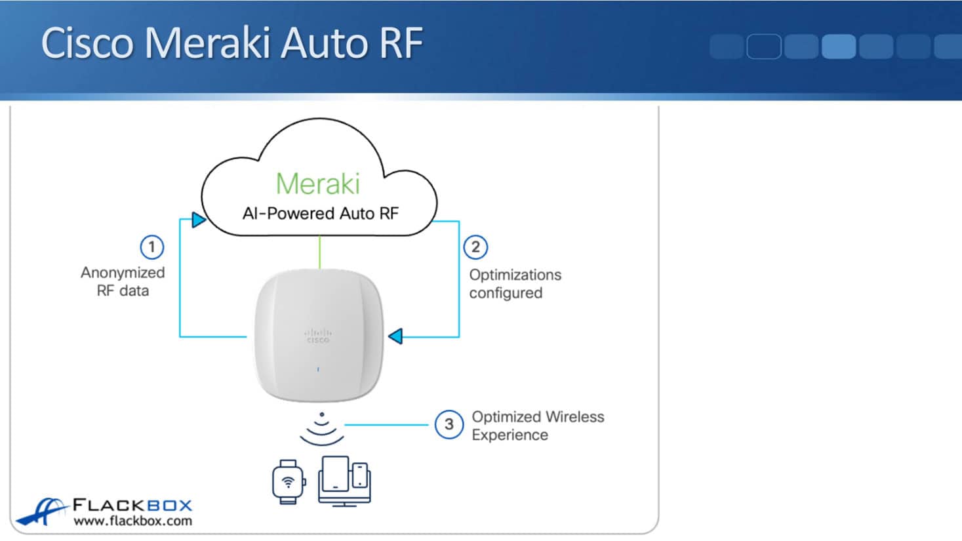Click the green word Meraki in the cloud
318,184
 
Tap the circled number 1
151,247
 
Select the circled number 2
475,247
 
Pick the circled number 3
449,424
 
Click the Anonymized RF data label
123,281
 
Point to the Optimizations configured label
515,284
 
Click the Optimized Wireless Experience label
537,426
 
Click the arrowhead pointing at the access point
395,336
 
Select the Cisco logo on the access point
318,336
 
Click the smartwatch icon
288,482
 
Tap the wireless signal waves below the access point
321,429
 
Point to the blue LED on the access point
318,370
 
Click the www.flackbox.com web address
132,521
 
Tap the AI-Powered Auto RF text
320,213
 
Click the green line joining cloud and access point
320,252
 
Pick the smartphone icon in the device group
360,475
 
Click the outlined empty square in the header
764,47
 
